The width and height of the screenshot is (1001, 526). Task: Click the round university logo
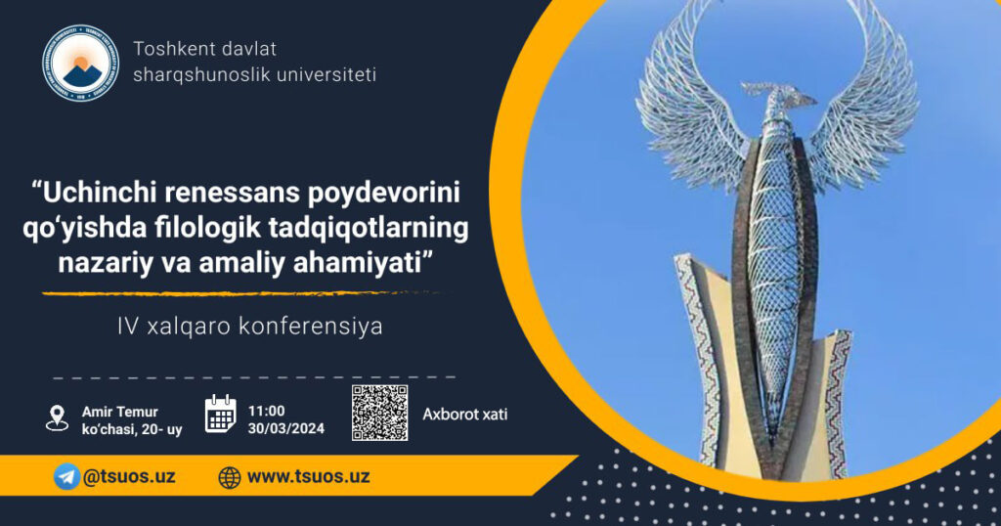(80, 64)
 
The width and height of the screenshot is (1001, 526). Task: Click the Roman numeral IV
(128, 327)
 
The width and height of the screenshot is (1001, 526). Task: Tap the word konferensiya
(311, 327)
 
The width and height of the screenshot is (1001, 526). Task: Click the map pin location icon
(58, 418)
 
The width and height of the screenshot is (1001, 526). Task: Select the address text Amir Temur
(120, 412)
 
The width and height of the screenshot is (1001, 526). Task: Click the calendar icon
(220, 414)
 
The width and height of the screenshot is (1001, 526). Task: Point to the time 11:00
(266, 411)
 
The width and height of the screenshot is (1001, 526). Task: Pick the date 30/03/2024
(286, 428)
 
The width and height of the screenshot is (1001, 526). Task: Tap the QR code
(380, 413)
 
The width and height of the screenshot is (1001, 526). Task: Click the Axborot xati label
(464, 415)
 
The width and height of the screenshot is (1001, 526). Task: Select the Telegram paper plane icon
(66, 477)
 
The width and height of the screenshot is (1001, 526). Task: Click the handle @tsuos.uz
(129, 477)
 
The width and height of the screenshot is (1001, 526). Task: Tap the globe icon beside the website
(230, 477)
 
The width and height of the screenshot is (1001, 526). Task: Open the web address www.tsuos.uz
(308, 477)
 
